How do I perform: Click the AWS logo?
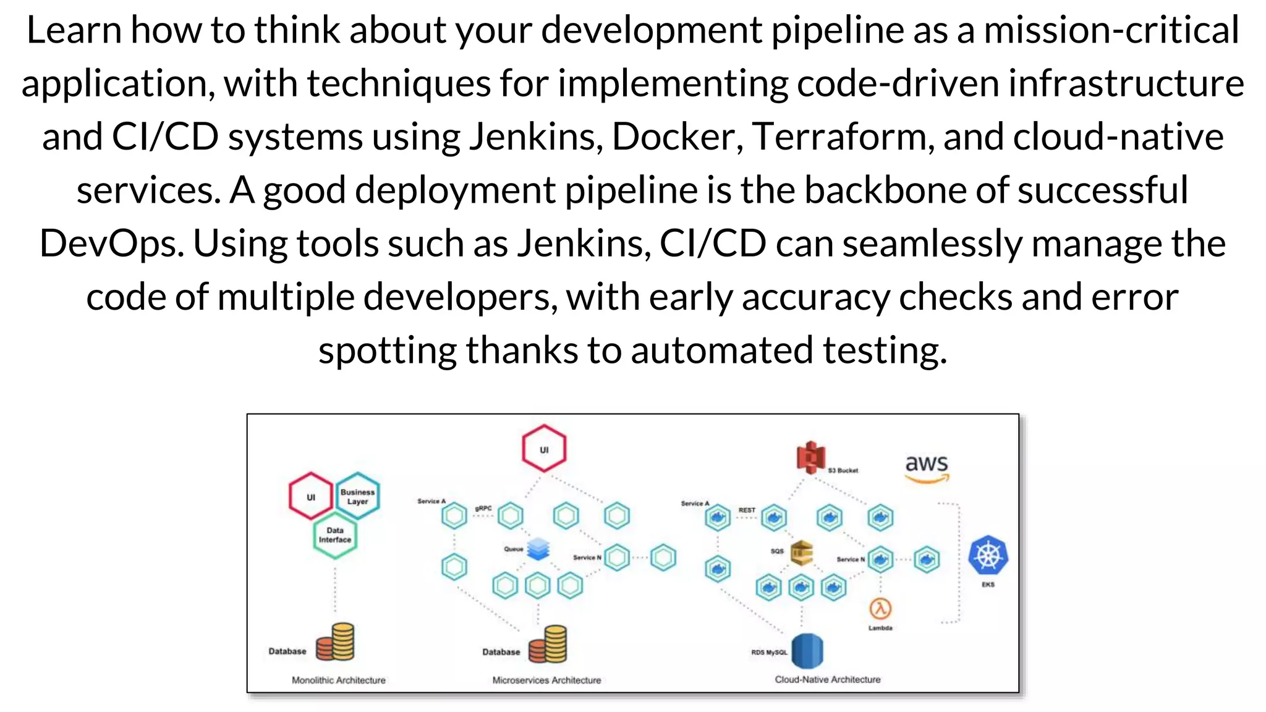pos(926,468)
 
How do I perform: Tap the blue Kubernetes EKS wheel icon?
pos(988,556)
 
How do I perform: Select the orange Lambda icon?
pos(880,609)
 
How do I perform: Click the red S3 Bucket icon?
pos(811,458)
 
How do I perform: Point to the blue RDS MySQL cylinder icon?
pos(807,651)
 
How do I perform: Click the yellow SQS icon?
pos(801,553)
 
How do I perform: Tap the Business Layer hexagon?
pos(357,496)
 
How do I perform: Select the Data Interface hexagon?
pos(335,535)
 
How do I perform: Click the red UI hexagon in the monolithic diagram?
pos(310,496)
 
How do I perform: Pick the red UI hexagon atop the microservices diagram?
pos(544,449)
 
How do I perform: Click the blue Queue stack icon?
pos(538,549)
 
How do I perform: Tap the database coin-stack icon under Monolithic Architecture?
pos(336,642)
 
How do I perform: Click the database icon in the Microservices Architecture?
pos(548,644)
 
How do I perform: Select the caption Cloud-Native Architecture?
pos(828,679)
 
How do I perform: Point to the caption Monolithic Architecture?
pos(338,680)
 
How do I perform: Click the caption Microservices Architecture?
pos(546,680)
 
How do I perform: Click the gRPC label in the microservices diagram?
pos(483,508)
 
